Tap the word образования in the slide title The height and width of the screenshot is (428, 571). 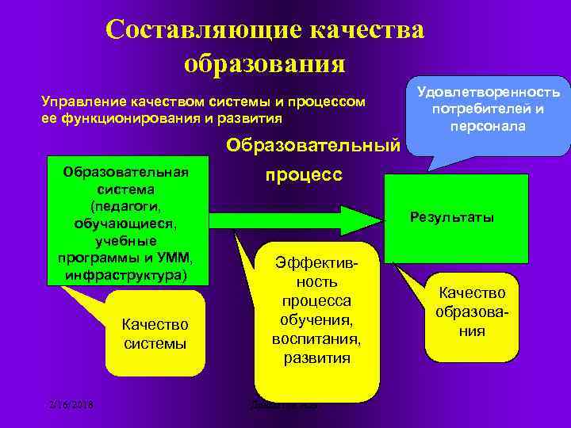pyautogui.click(x=264, y=63)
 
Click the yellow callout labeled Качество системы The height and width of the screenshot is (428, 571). pyautogui.click(x=155, y=334)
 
